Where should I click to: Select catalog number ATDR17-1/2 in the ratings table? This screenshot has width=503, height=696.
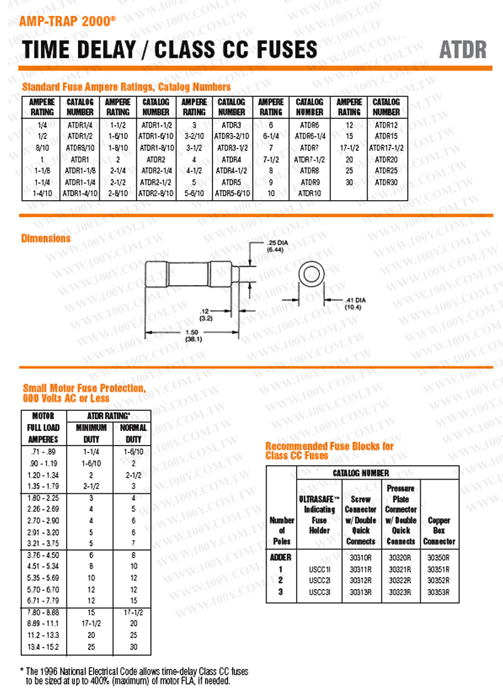tap(386, 148)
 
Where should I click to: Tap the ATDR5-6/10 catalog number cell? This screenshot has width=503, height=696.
tap(231, 193)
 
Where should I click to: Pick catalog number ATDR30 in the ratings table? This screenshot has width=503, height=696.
tap(386, 182)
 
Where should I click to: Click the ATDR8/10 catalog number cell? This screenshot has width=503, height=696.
tap(80, 148)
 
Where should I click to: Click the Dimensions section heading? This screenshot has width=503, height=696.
tap(46, 239)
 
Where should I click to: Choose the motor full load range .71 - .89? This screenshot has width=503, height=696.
tap(43, 452)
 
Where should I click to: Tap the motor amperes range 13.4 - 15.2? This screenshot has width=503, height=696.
tap(43, 646)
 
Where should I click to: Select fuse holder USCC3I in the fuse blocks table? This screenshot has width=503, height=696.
tap(319, 592)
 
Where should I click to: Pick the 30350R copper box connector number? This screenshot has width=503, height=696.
tap(439, 558)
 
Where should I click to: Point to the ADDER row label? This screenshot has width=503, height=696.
tap(281, 558)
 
